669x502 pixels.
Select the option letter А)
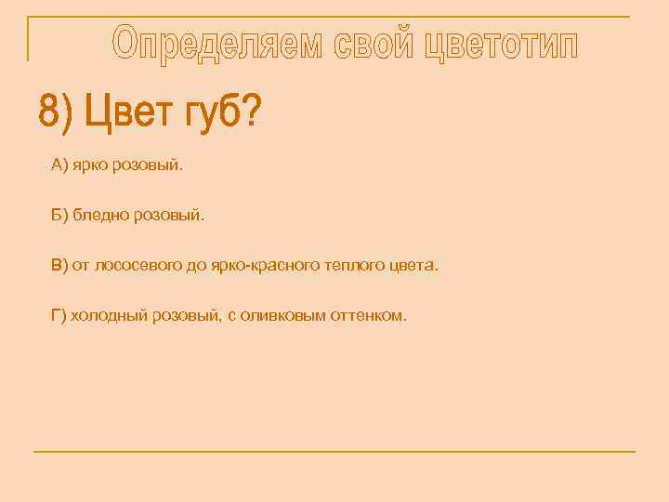click(x=59, y=165)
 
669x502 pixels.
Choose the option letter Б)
click(x=59, y=216)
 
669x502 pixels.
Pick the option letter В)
click(x=59, y=266)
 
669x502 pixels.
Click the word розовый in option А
click(x=149, y=165)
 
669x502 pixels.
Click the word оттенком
click(x=371, y=316)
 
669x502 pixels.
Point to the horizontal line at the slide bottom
click(x=334, y=452)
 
